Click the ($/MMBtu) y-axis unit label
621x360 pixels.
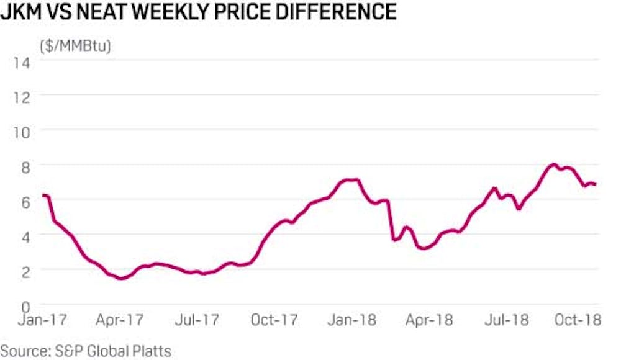(75, 45)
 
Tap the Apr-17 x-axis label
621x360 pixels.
(119, 320)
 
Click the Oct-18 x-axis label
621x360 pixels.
(577, 320)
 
